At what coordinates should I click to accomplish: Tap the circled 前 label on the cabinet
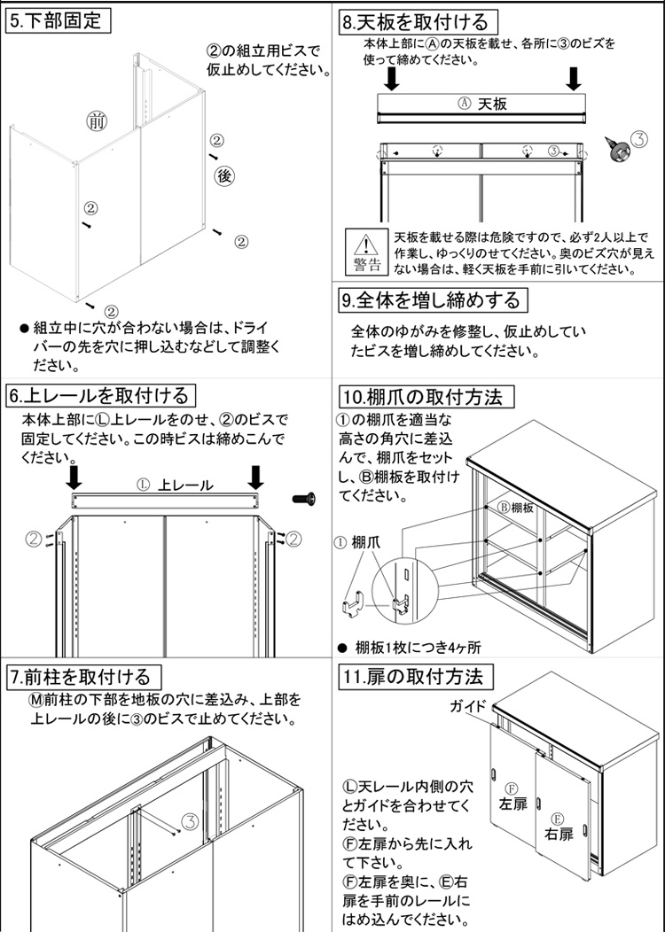coord(96,121)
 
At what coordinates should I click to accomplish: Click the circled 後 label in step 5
coord(224,176)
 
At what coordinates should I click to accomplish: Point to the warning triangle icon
coord(365,243)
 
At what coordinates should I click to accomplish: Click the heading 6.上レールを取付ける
coord(98,394)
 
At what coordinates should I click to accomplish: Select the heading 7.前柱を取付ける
coord(85,677)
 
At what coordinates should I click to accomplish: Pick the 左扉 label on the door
coord(512,802)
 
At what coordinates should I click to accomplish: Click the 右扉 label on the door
coord(559,833)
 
